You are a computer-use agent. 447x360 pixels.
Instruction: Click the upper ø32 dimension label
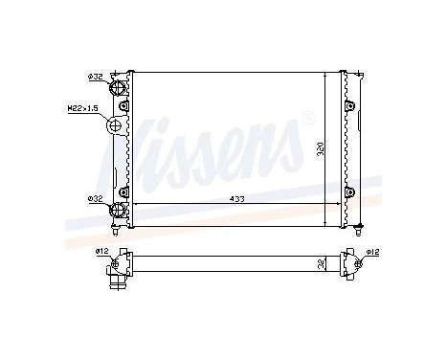click(96, 76)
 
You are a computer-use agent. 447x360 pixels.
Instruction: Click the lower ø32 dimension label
click(96, 199)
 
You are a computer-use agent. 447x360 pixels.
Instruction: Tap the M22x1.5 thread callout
click(84, 109)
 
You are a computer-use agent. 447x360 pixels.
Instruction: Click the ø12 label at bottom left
click(101, 252)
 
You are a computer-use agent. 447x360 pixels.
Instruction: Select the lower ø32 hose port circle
click(122, 211)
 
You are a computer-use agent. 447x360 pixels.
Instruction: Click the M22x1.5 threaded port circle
click(119, 126)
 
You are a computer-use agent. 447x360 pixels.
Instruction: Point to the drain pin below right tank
click(358, 230)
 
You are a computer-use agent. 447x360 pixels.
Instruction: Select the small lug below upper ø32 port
click(122, 105)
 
